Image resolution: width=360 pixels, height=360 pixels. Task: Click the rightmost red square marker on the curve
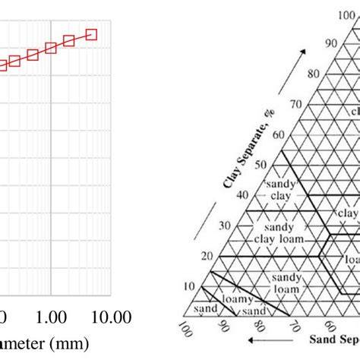pos(92,34)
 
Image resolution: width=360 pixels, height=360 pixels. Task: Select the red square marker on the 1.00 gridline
pos(51,48)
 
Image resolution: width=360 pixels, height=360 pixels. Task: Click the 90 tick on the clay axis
pos(329,43)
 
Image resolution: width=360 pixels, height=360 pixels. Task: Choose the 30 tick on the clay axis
pos(226,226)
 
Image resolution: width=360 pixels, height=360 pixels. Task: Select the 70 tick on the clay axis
pos(294,104)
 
